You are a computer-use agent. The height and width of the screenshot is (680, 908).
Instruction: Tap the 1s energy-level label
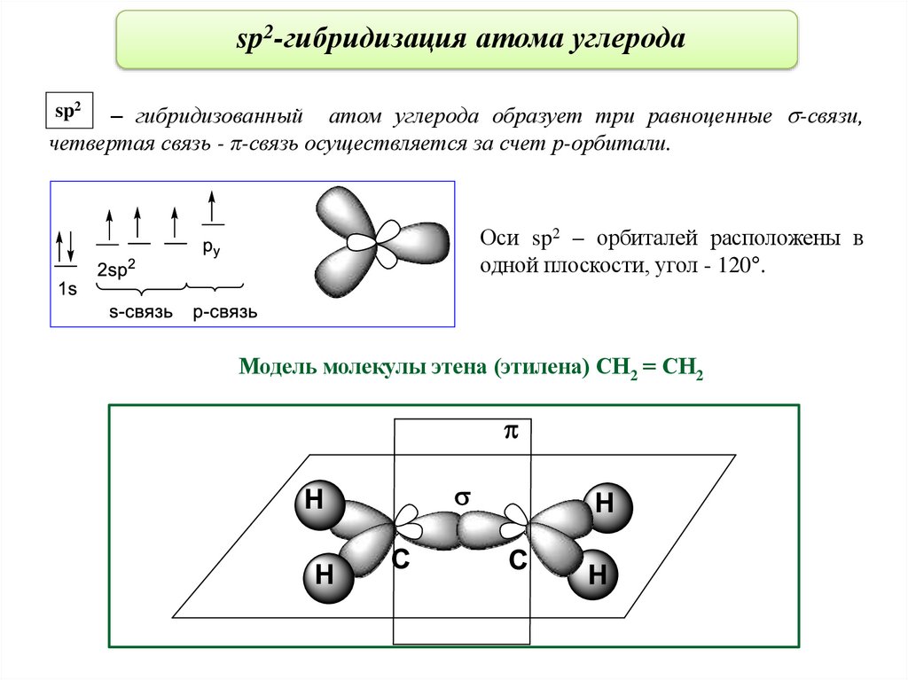coord(67,288)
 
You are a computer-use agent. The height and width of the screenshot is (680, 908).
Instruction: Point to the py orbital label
coord(210,249)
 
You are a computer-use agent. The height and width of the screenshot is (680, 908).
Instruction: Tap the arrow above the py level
coord(211,206)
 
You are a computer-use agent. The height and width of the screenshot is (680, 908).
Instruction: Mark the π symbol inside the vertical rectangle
coord(510,432)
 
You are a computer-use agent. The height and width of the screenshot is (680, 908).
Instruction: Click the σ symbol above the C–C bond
coord(460,498)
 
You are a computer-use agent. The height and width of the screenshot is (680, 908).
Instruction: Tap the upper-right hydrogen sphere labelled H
coord(609,506)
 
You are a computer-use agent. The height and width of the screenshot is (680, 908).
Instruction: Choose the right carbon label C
coord(519,559)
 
